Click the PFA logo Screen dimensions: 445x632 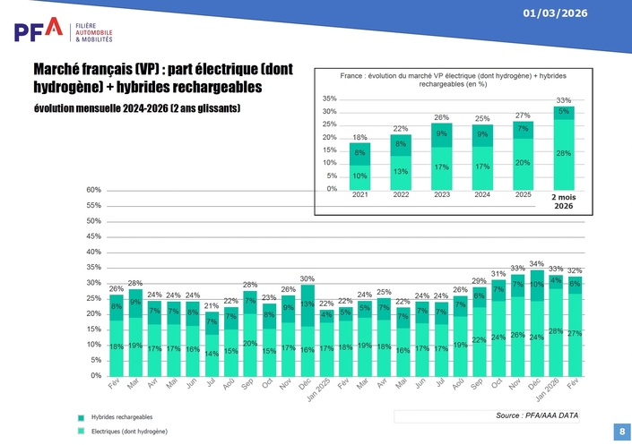[38, 30]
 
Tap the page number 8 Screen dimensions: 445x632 [621, 432]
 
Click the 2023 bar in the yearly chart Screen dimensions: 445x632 [441, 156]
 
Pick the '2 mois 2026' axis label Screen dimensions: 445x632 [564, 201]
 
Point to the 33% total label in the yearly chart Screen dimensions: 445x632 [563, 100]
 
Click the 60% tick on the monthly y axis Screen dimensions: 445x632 [94, 190]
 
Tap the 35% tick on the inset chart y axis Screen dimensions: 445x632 [329, 98]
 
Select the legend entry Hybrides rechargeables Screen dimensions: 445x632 [121, 417]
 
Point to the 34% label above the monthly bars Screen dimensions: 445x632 [536, 264]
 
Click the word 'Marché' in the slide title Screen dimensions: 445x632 [64, 70]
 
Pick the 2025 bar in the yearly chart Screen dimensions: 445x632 [523, 155]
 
